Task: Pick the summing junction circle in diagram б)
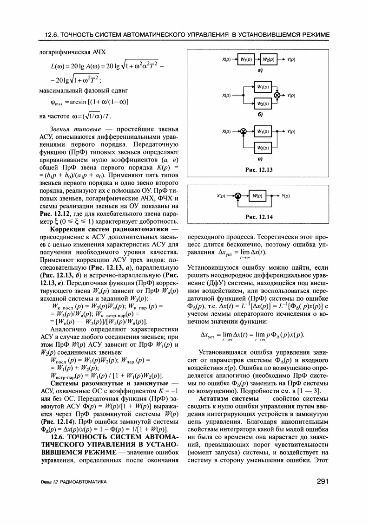coord(278,95)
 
